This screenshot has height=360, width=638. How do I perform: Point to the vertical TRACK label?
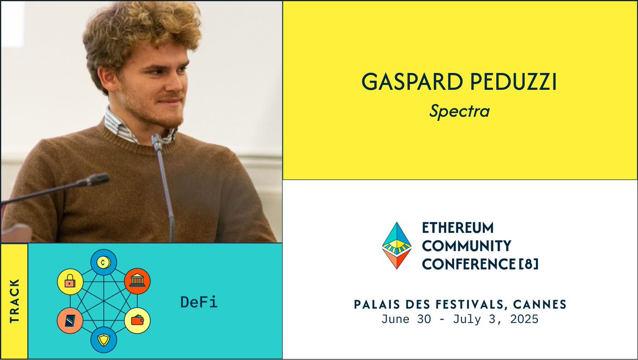tap(14, 301)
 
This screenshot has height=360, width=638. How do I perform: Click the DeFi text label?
tap(199, 303)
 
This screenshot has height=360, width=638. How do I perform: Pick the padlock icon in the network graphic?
tap(70, 282)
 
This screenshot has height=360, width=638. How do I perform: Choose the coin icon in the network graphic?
tap(103, 262)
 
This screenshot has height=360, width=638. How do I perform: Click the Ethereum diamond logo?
tap(397, 245)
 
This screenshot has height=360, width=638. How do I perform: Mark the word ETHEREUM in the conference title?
tap(457, 228)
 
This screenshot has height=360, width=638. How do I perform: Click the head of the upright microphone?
tap(157, 142)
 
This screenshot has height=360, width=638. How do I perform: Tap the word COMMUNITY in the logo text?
tap(466, 246)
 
